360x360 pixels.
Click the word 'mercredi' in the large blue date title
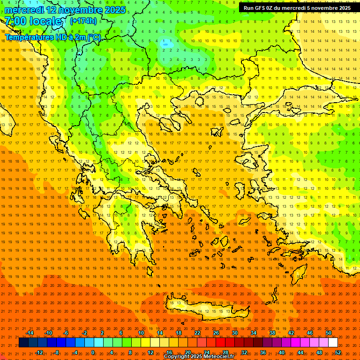click(24, 10)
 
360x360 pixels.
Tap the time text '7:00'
click(15, 22)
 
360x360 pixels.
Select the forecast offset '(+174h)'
click(83, 21)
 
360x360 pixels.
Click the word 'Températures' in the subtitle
click(29, 37)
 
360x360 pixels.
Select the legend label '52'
click(337, 352)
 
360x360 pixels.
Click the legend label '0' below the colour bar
click(93, 352)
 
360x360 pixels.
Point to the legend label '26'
click(216, 333)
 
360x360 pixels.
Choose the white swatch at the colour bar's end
click(333, 343)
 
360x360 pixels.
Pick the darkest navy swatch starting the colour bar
click(23, 343)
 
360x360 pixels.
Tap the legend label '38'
click(272, 333)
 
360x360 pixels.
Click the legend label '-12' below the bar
click(39, 352)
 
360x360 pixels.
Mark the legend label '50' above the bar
click(328, 333)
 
